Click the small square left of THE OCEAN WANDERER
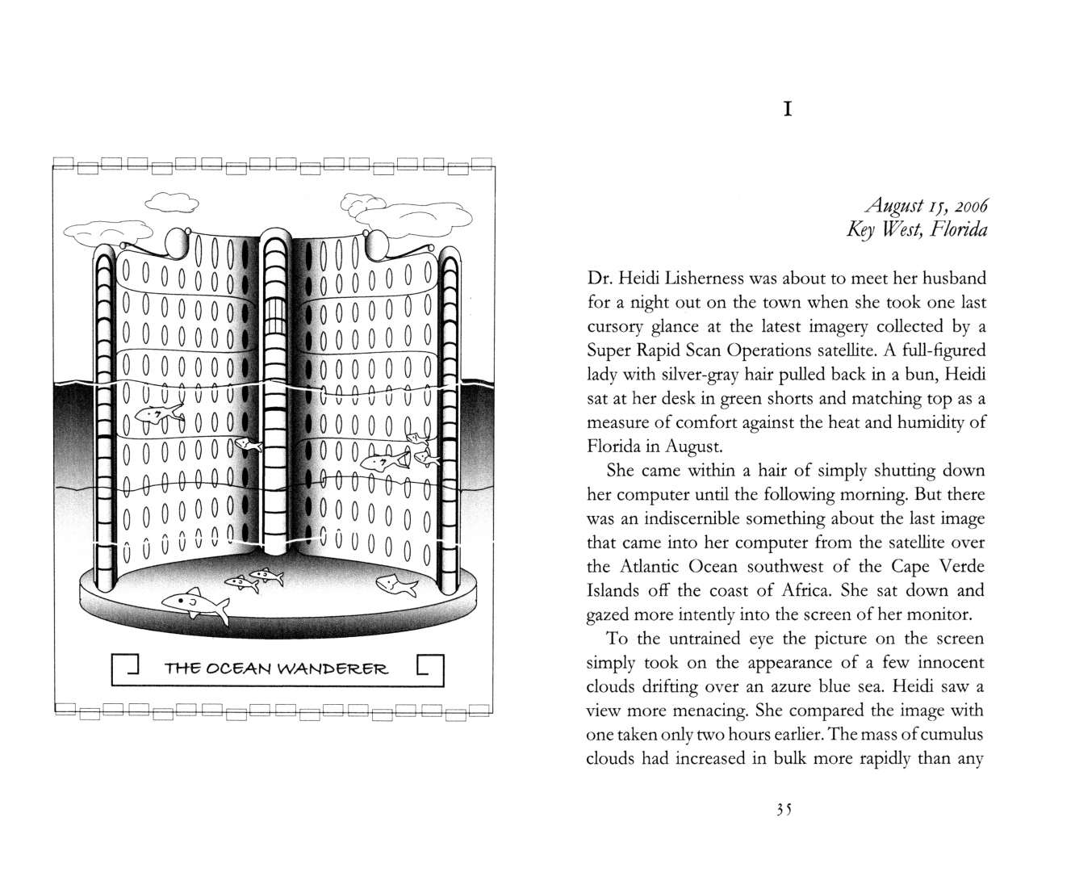click(x=128, y=667)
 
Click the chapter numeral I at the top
click(x=788, y=109)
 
